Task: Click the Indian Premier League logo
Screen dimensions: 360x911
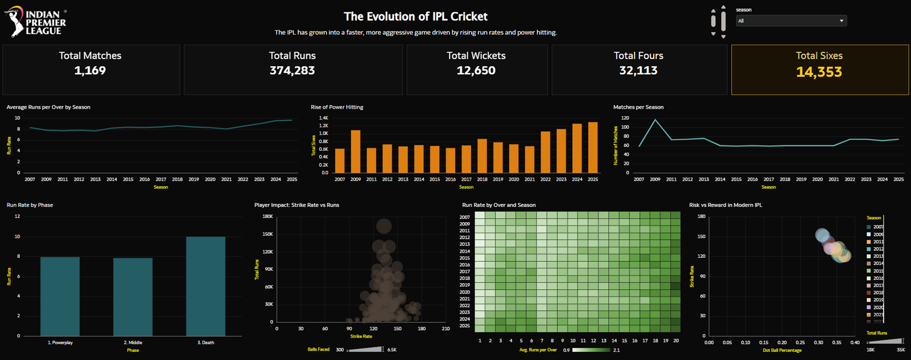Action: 35,22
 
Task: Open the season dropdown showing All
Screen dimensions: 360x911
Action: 791,21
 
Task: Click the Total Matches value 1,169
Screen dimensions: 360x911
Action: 90,71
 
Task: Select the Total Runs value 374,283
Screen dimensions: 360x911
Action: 292,71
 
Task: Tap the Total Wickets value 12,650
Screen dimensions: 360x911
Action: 476,71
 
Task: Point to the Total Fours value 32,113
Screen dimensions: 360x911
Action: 638,71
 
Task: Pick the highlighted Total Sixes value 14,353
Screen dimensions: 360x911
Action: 819,72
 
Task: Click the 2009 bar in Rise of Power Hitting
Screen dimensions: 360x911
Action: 355,152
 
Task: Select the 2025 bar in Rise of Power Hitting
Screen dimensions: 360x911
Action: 593,148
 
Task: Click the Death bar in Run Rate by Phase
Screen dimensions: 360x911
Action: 206,286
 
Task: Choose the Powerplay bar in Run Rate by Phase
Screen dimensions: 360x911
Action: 60,296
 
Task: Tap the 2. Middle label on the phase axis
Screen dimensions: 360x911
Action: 133,342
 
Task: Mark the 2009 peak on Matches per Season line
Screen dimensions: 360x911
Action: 655,120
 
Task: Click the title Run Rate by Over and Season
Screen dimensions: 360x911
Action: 499,205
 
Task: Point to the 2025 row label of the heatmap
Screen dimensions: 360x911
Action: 465,326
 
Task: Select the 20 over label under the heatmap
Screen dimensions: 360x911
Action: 676,341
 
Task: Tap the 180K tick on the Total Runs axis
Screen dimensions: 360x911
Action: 267,216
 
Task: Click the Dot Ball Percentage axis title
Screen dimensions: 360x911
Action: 782,350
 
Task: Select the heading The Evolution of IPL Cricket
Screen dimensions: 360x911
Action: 415,17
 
